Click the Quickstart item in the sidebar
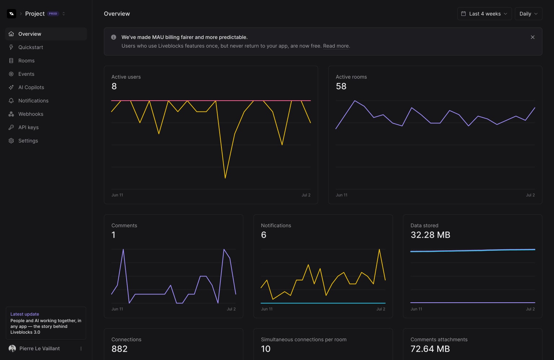click(x=30, y=47)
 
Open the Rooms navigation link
click(x=26, y=61)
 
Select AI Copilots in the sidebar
click(x=31, y=87)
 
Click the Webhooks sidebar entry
click(x=31, y=114)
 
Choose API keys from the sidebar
click(x=28, y=127)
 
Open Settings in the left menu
click(x=28, y=141)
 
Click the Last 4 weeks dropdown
click(x=484, y=14)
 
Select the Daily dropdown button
click(x=528, y=14)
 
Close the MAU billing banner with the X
click(x=532, y=37)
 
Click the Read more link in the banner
click(x=335, y=46)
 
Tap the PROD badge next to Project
click(x=53, y=14)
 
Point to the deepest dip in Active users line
click(x=225, y=178)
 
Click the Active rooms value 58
click(x=341, y=86)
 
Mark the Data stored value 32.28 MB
click(x=430, y=235)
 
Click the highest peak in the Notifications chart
click(x=379, y=249)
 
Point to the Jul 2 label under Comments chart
click(x=231, y=309)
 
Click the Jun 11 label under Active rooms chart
click(x=341, y=195)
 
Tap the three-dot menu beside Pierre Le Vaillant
click(x=81, y=348)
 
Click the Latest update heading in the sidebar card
click(x=25, y=314)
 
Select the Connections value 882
click(x=119, y=349)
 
